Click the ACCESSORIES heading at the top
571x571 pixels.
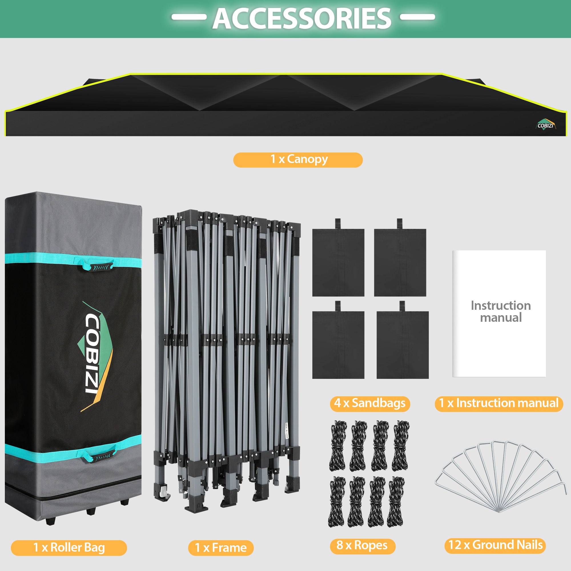point(302,18)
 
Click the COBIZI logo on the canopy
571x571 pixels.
point(546,125)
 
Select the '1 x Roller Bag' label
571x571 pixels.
point(69,547)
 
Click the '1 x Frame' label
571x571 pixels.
point(221,548)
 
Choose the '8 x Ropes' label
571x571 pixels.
point(362,546)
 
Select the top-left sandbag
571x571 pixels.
point(338,261)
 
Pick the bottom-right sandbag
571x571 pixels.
point(403,344)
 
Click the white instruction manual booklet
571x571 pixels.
point(499,313)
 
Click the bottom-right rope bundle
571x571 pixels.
point(396,502)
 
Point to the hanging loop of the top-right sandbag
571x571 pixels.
point(400,224)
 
